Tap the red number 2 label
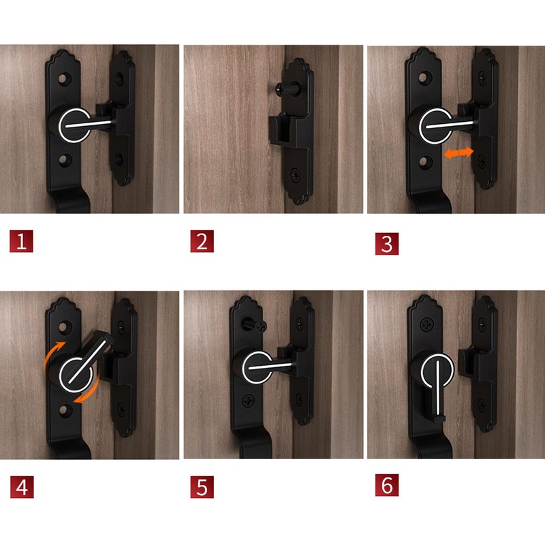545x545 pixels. (202, 243)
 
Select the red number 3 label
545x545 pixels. (386, 243)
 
